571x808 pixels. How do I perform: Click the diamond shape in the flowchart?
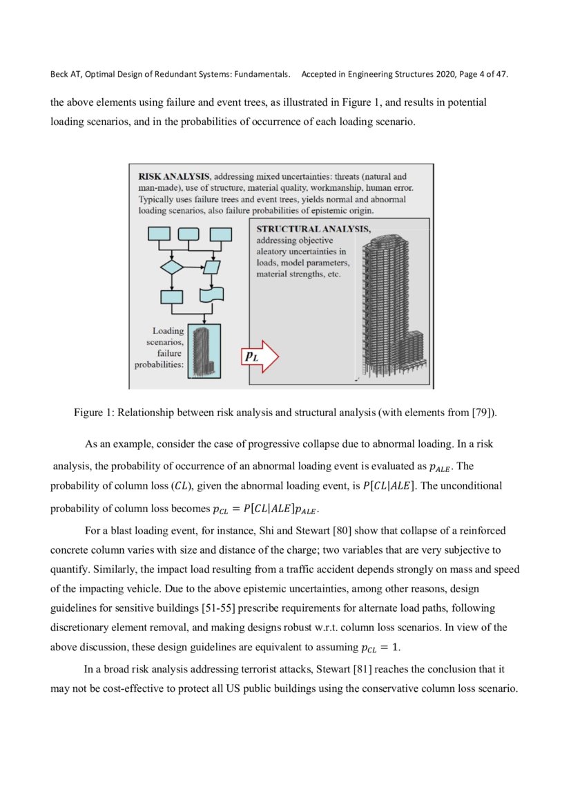pyautogui.click(x=171, y=267)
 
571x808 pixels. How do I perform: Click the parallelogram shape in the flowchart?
pyautogui.click(x=211, y=267)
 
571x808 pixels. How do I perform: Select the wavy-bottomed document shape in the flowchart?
pyautogui.click(x=211, y=296)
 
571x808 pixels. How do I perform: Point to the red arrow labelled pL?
pyautogui.click(x=259, y=356)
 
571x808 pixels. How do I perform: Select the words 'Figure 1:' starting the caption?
pyautogui.click(x=94, y=413)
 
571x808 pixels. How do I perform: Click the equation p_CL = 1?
pyautogui.click(x=380, y=648)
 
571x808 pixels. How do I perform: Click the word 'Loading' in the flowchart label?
pyautogui.click(x=168, y=331)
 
